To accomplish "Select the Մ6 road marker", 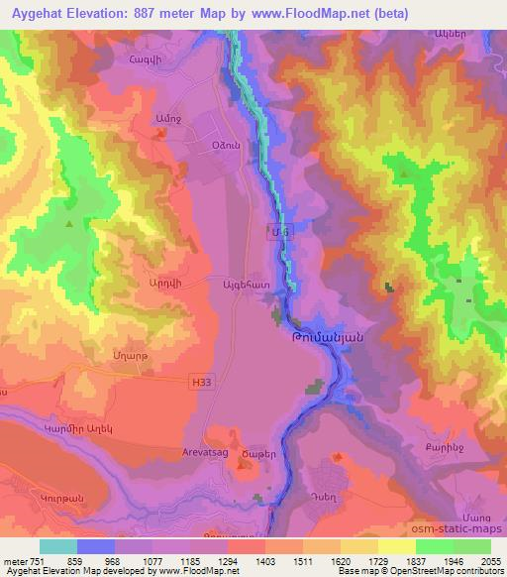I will click(281, 229).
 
